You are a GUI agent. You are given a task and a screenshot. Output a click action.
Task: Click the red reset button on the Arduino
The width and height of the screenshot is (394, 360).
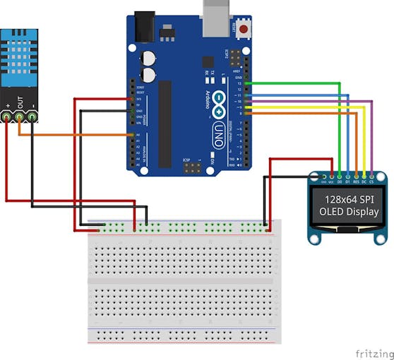point(244,30)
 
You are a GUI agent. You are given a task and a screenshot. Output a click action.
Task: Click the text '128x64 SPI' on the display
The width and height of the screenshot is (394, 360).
point(348,199)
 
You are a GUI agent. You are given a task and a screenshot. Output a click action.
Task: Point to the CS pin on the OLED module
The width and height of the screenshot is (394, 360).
point(373,174)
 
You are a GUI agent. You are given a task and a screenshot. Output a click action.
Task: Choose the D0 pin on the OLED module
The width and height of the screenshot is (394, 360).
point(340,174)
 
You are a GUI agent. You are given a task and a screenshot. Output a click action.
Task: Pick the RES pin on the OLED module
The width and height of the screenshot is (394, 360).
point(357,174)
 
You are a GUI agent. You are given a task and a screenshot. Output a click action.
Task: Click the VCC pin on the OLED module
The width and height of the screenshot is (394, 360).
point(331,174)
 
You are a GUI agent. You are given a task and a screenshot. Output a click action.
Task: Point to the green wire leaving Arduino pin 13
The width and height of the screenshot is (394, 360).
point(297,83)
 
